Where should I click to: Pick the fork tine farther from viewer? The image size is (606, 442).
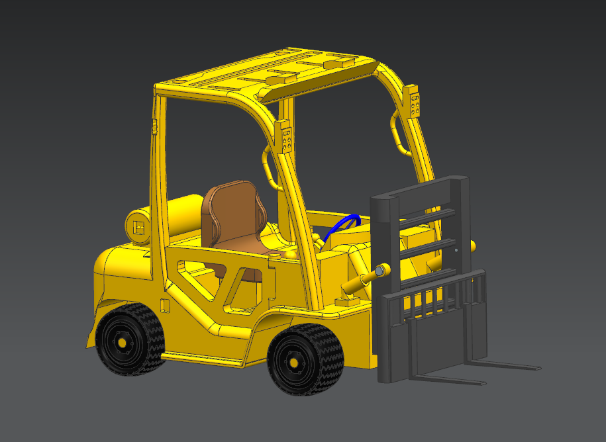click(x=510, y=365)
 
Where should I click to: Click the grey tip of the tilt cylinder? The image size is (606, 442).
click(x=380, y=271)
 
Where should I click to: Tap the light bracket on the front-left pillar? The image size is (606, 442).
click(x=286, y=138)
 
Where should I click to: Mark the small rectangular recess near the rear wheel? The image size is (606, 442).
click(x=166, y=306)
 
